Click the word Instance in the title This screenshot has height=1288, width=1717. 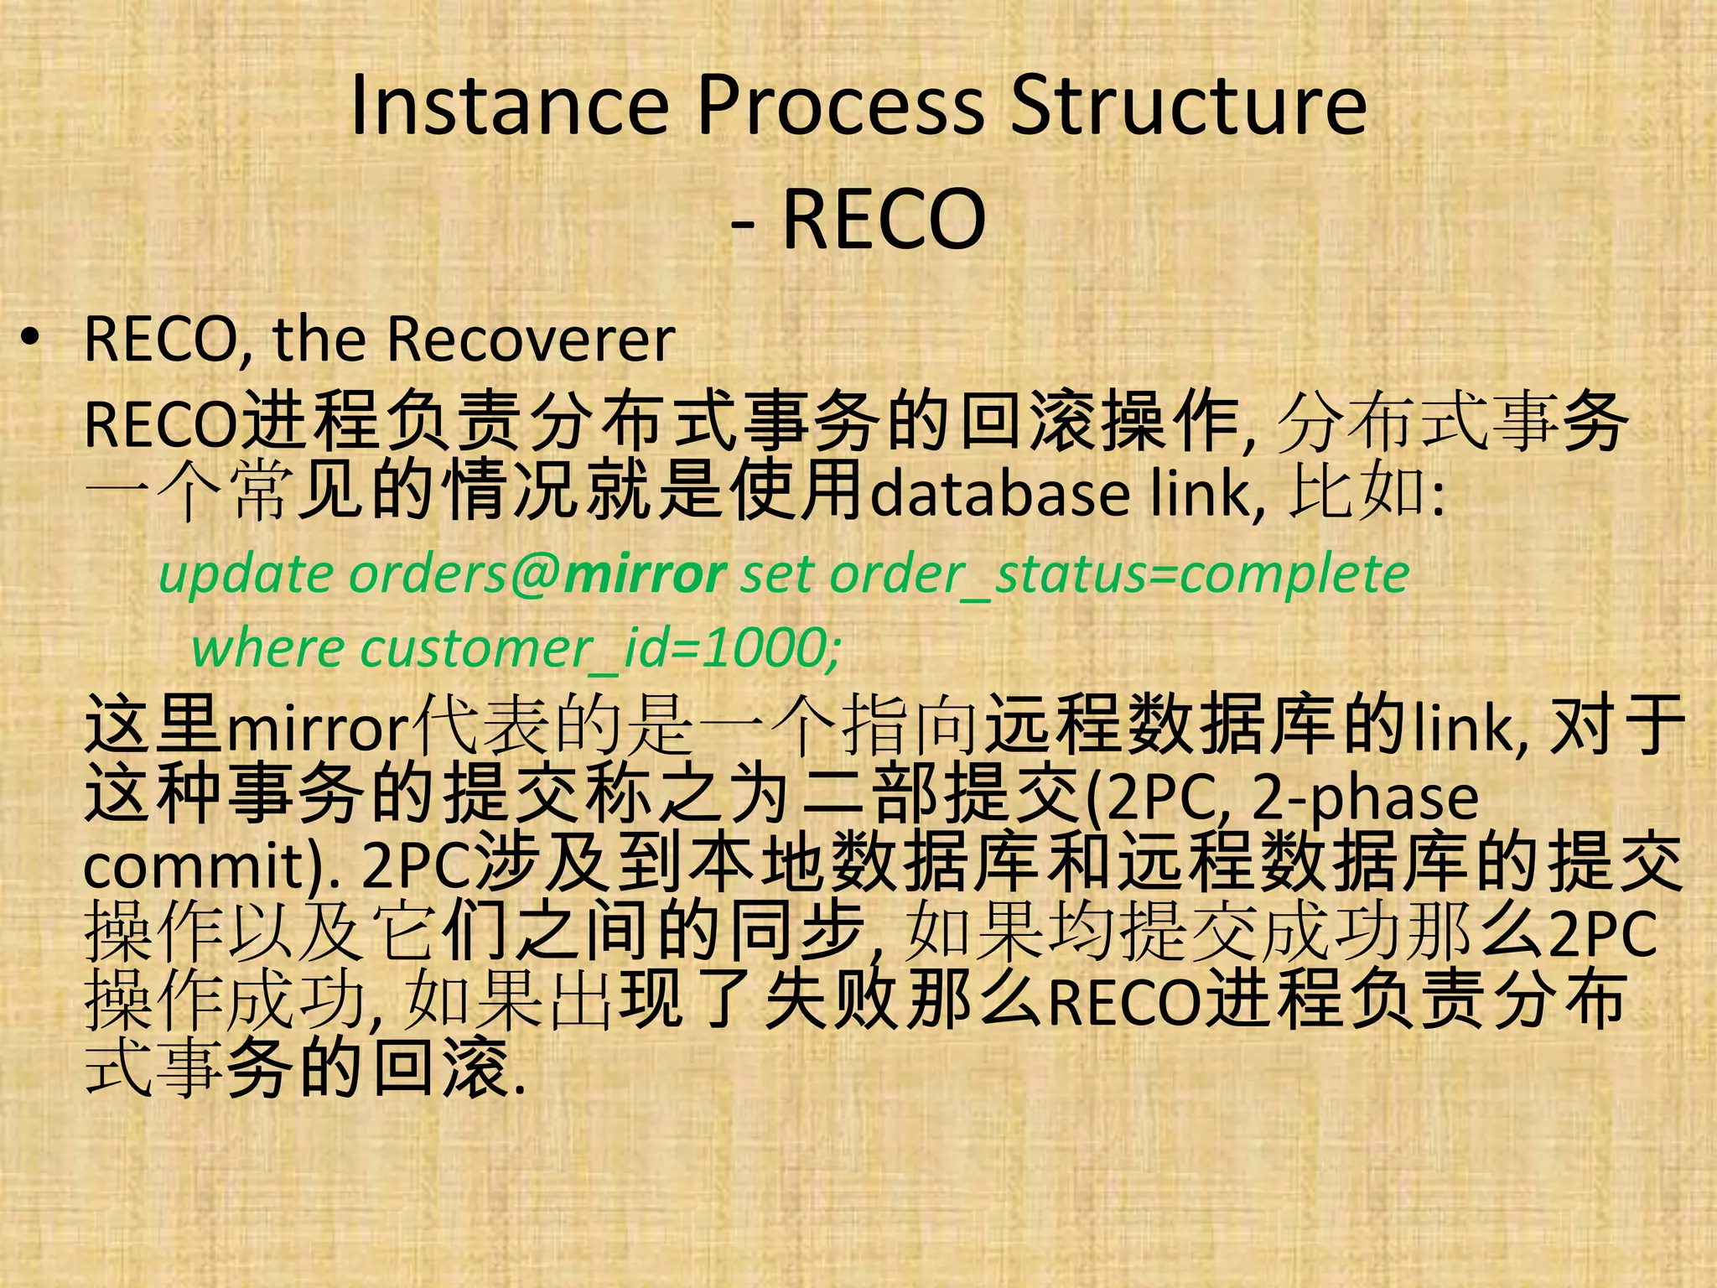coord(509,106)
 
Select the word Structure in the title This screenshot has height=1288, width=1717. coord(1188,106)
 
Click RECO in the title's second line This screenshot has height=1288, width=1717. coord(884,219)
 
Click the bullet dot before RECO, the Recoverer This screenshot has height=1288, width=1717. coord(31,340)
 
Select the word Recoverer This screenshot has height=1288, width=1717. coord(531,340)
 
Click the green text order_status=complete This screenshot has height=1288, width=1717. coord(1119,575)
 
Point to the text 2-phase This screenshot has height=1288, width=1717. coord(1365,798)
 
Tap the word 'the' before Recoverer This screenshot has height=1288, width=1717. coord(319,340)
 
